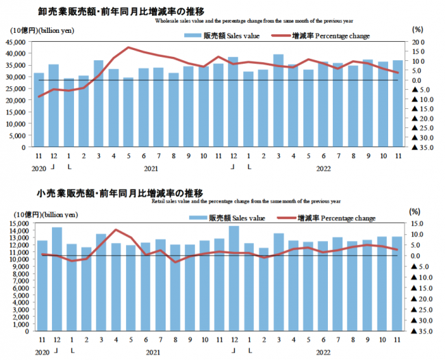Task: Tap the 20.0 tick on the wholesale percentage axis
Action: [418, 42]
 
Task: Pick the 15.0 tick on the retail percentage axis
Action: [418, 223]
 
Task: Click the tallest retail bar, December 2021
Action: [234, 279]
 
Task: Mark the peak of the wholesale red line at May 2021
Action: [129, 48]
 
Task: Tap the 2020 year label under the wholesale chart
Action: [38, 168]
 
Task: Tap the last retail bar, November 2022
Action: [397, 284]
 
